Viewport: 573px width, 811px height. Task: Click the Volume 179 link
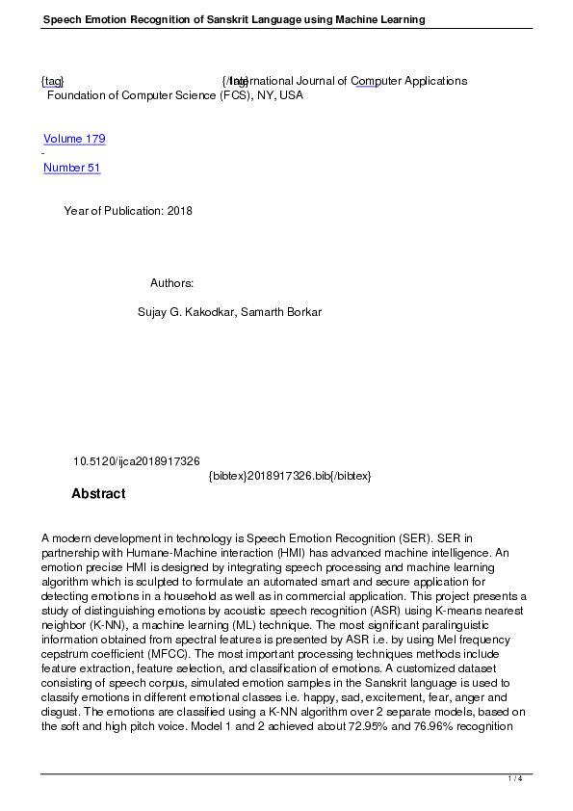tap(74, 139)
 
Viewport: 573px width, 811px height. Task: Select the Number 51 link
tap(71, 168)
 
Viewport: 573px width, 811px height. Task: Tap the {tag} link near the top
tap(52, 81)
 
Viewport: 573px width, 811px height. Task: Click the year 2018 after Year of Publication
tap(179, 211)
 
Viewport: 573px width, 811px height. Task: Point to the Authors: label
tap(172, 283)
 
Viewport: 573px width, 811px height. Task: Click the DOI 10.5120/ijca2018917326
tap(136, 462)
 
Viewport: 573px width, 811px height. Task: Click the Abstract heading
tap(98, 494)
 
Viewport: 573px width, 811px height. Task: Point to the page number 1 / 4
tap(515, 778)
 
